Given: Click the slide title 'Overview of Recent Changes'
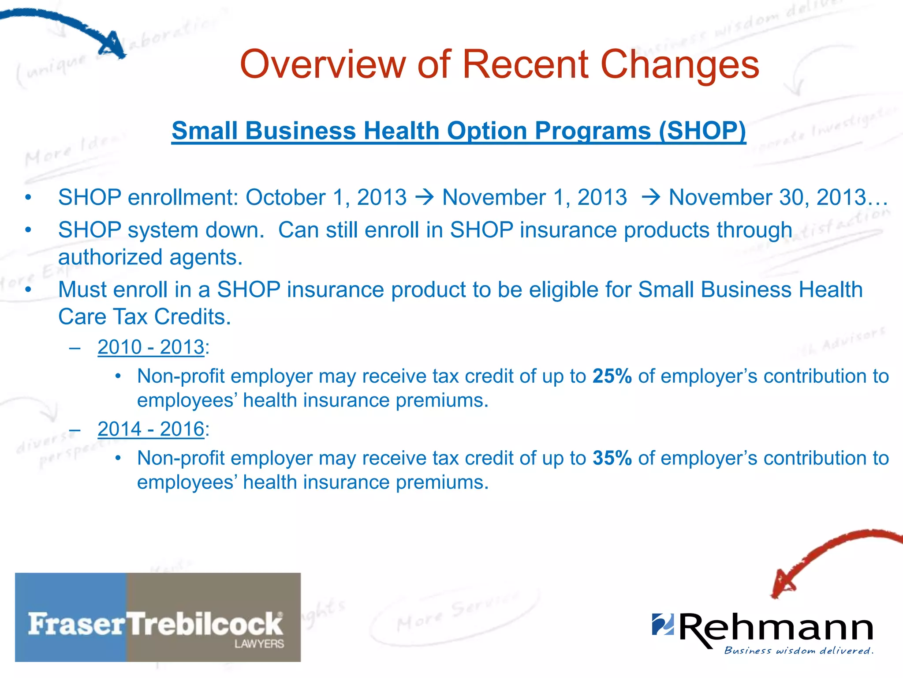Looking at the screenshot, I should coord(499,64).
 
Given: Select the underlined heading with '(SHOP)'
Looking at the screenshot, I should coord(459,131).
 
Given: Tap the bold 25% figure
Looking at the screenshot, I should coord(612,376).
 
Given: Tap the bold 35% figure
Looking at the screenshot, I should coord(612,458).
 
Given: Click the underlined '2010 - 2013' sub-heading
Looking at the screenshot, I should coord(151,347).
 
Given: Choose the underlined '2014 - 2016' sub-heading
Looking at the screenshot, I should coord(151,429).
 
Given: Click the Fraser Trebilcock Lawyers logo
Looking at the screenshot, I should coord(158,617).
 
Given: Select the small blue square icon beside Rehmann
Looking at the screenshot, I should coord(663,624).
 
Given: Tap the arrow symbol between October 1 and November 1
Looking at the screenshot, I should coord(425,197).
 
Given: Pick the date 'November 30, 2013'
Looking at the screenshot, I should coord(767,197).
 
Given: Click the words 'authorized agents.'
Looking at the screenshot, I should coord(150,257).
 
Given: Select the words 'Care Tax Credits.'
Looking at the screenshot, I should coord(145,317).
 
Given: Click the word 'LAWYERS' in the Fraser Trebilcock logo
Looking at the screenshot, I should coord(259,644).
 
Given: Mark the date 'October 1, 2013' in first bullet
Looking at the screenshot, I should coord(326,197).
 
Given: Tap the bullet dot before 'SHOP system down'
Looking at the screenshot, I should coord(28,230).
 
